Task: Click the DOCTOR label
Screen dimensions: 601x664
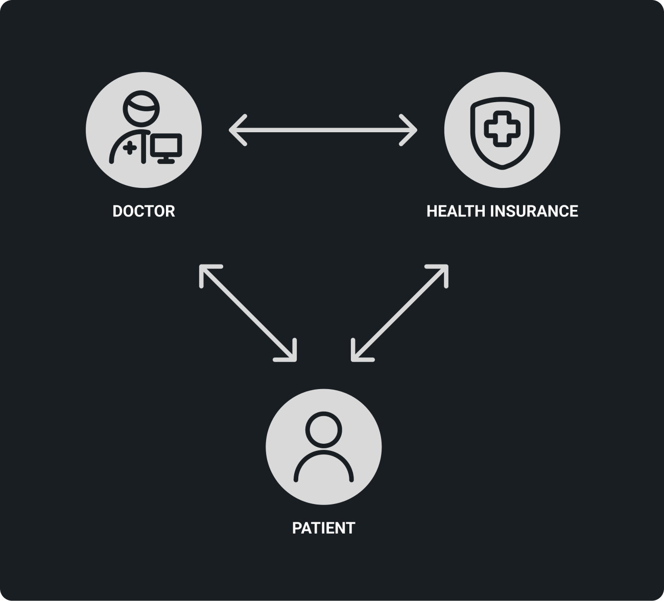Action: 144,211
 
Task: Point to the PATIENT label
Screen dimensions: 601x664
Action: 323,527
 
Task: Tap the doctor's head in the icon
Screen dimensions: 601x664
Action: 140,107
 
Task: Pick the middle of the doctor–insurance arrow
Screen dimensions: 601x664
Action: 323,131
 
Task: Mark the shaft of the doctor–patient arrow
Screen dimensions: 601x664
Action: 248,313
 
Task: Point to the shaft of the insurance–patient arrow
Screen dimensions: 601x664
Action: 399,313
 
